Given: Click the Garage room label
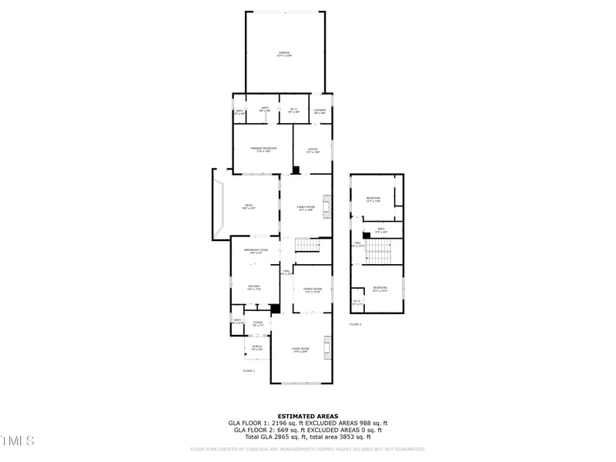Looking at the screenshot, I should (x=284, y=55).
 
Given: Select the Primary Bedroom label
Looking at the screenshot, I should (x=263, y=149).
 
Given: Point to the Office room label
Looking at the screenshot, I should (x=313, y=150).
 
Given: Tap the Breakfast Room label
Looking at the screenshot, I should (x=256, y=251).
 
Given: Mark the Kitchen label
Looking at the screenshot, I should (x=254, y=288).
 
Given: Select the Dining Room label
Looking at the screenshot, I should (x=313, y=290).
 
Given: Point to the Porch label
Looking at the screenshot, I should (x=257, y=348).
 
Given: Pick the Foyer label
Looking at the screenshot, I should (x=257, y=324).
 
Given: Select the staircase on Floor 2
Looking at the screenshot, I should (x=378, y=251).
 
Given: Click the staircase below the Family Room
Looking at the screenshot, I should (x=308, y=245).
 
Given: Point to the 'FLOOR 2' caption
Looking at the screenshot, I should (x=355, y=324).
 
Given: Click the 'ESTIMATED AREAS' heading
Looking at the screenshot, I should (x=308, y=416).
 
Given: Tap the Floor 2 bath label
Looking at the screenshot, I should (x=380, y=230).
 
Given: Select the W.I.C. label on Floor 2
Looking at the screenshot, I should (x=356, y=303).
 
